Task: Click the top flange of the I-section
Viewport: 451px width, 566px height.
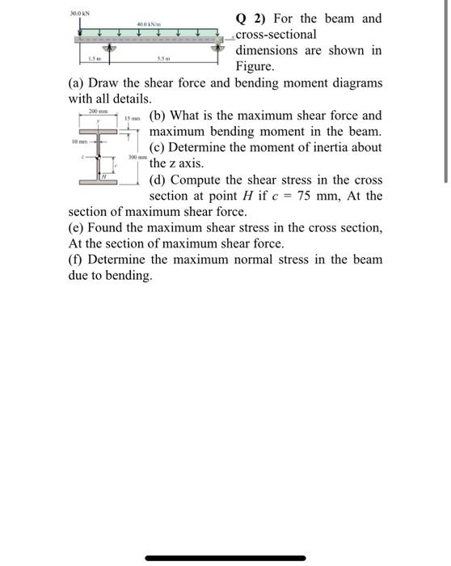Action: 99,129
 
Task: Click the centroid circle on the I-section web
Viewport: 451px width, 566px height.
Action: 99,157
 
